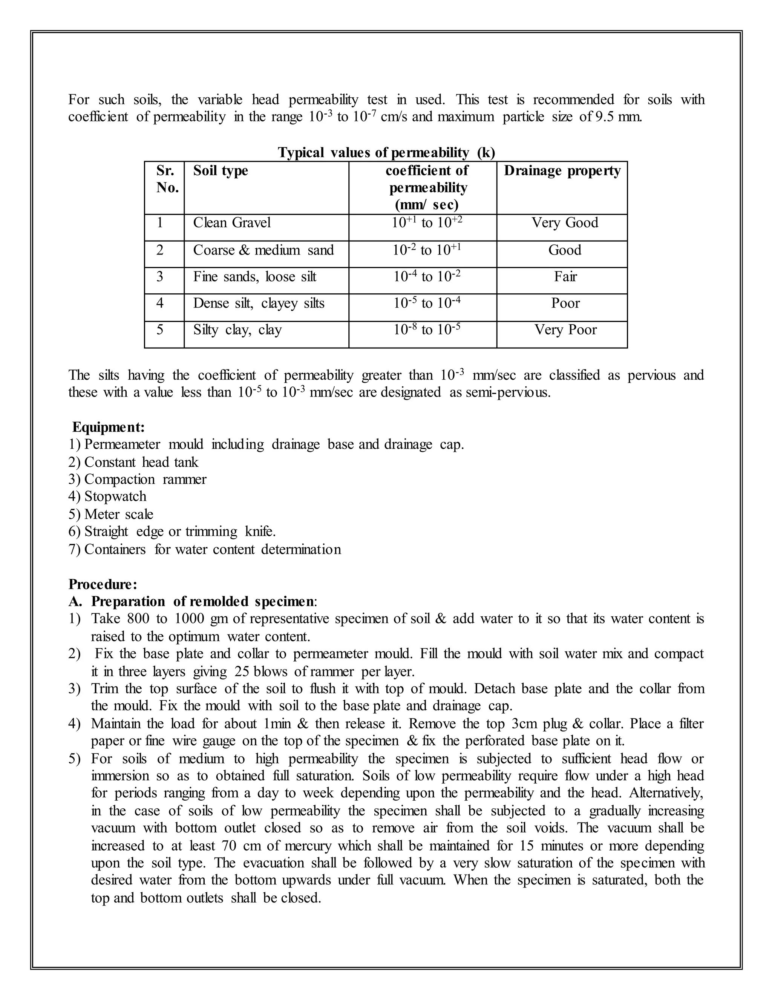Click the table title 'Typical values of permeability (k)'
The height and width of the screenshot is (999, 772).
[386, 152]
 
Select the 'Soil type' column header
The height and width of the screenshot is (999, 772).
[221, 171]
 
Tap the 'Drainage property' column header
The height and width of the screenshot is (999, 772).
[562, 171]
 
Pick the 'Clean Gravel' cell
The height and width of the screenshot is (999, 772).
[232, 223]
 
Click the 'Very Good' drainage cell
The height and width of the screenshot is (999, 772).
[564, 223]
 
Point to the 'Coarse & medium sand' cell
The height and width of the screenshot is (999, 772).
[263, 250]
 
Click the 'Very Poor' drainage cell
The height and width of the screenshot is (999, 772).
[565, 330]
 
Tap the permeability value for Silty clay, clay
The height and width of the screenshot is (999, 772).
[427, 330]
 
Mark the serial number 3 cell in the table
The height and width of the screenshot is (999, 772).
[159, 277]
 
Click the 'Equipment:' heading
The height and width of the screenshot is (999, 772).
[109, 427]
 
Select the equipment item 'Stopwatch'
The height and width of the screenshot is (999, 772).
[115, 496]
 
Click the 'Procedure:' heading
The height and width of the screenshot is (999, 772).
[103, 584]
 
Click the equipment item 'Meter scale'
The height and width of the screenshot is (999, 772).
[118, 514]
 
